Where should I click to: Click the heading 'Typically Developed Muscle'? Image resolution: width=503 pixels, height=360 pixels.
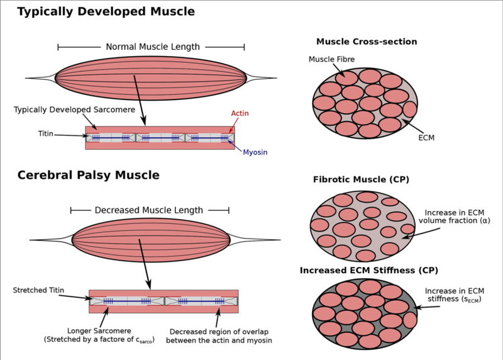[106, 12]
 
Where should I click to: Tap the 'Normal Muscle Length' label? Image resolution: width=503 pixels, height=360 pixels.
[152, 47]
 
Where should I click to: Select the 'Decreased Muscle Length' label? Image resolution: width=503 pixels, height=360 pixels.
[149, 210]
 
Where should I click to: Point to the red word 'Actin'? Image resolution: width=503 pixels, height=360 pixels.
[239, 113]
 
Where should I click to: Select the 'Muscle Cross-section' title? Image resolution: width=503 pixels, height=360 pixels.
[367, 42]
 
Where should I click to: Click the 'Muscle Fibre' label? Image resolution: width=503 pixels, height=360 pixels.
[331, 59]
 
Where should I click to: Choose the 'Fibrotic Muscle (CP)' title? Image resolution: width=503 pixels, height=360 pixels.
[361, 180]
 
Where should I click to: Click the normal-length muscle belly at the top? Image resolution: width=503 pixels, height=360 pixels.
[151, 79]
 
